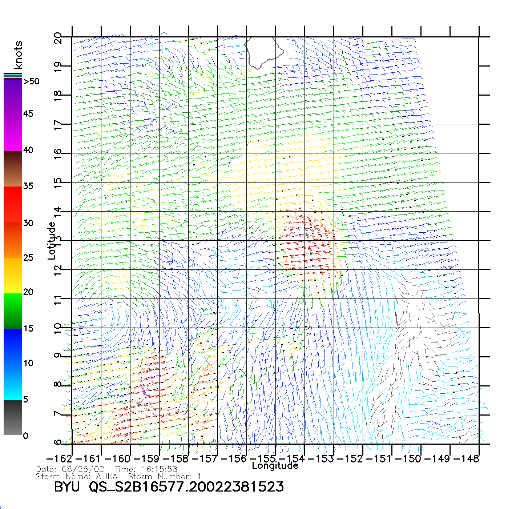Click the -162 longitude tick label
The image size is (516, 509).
click(x=59, y=459)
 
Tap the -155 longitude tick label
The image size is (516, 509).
click(x=263, y=459)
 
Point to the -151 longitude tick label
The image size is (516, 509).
click(x=379, y=459)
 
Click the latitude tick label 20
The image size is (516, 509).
click(x=58, y=38)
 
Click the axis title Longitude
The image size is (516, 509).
click(x=275, y=466)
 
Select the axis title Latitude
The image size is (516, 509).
click(x=52, y=241)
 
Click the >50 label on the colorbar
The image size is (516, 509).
click(x=32, y=81)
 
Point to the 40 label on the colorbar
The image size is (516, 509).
click(x=28, y=150)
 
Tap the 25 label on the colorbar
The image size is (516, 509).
click(x=28, y=258)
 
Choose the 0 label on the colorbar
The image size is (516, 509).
click(x=25, y=436)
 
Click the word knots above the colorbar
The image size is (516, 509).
click(x=18, y=55)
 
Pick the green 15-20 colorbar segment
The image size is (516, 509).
click(x=13, y=311)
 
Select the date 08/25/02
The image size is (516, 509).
click(x=83, y=469)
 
